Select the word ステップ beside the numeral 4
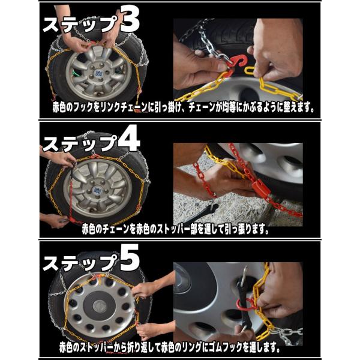80,144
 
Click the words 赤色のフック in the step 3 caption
73,107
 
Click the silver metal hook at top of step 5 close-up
244,272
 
